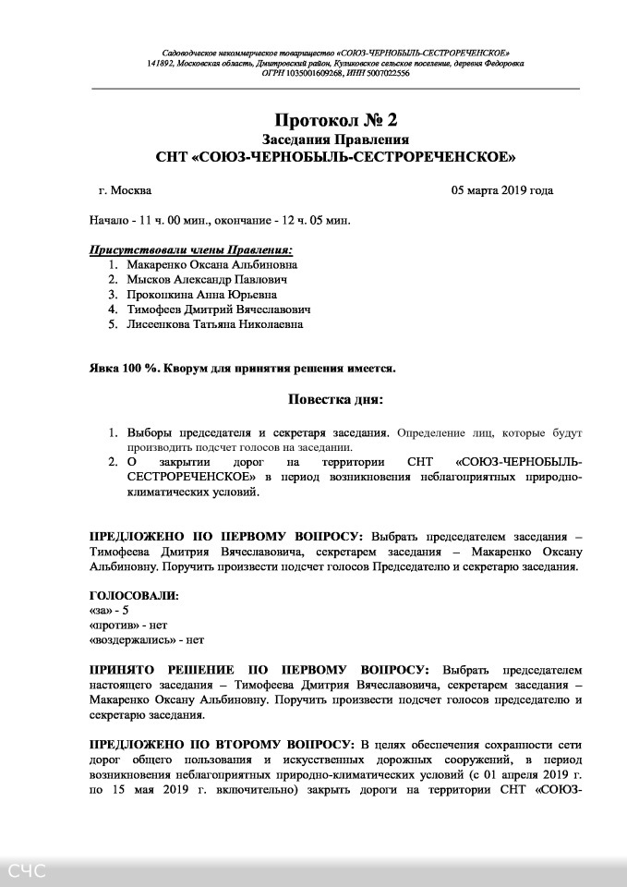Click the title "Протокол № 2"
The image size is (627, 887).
pyautogui.click(x=335, y=120)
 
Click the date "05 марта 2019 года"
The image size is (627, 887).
pyautogui.click(x=501, y=191)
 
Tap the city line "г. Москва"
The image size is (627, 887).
pyautogui.click(x=125, y=191)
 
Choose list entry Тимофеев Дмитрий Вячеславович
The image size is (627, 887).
pyautogui.click(x=218, y=310)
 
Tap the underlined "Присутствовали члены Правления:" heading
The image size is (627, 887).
pyautogui.click(x=191, y=249)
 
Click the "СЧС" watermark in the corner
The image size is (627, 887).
pyautogui.click(x=28, y=870)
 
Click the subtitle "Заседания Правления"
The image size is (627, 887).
pyautogui.click(x=335, y=139)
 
